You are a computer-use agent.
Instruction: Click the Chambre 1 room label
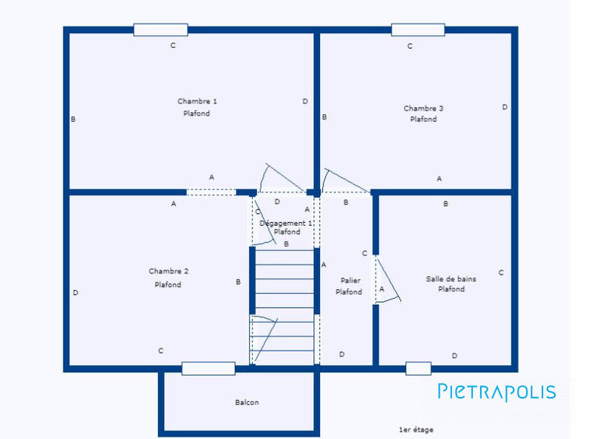197,101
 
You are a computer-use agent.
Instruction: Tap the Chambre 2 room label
168,272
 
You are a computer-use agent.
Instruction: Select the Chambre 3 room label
423,108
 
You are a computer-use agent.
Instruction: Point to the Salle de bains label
451,279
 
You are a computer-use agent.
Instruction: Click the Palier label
349,280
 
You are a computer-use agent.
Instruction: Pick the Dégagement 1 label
286,222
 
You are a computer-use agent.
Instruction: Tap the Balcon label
247,402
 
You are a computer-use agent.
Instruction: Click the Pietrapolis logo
496,392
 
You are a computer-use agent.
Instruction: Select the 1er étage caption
416,429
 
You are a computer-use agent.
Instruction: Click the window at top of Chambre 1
160,30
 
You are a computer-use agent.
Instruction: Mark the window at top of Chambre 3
417,30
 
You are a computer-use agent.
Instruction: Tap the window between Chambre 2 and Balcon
208,368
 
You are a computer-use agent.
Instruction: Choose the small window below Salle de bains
418,368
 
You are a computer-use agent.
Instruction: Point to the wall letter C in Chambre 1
173,46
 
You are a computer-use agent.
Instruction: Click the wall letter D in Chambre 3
505,107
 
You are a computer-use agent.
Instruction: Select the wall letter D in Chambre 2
75,293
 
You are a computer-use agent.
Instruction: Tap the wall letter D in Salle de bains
454,356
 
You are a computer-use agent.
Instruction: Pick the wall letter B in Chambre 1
73,119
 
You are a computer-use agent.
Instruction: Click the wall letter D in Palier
341,354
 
